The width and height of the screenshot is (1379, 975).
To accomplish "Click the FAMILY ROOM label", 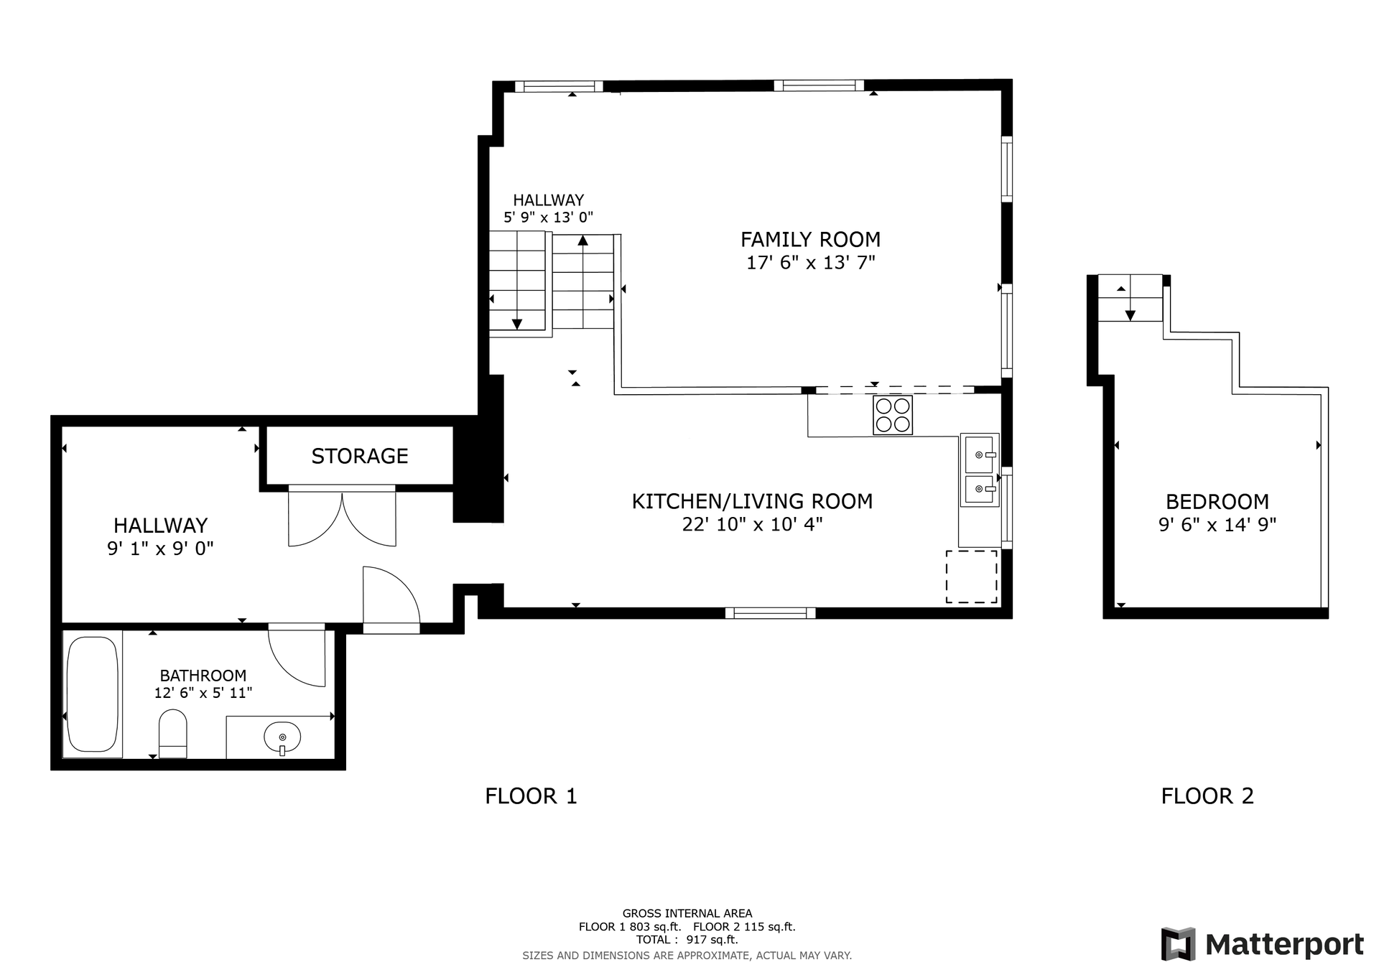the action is [x=810, y=239].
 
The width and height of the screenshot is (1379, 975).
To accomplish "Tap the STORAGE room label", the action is [x=360, y=456].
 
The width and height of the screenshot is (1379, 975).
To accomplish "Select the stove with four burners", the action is [x=893, y=415].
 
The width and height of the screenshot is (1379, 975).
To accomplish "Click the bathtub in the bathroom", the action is [x=92, y=694].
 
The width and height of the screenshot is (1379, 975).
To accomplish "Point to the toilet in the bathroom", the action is [x=172, y=734].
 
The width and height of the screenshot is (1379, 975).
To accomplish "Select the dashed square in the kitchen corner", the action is [x=971, y=577].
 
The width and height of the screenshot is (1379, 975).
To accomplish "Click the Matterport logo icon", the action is [x=1178, y=944].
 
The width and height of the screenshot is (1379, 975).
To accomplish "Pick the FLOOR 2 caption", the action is [x=1207, y=796].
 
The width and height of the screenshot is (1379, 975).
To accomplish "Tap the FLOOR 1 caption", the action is [x=531, y=796].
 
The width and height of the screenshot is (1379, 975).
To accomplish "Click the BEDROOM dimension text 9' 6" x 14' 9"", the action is [x=1217, y=525].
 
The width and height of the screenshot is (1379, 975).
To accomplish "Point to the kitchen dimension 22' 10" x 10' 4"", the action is [x=752, y=524].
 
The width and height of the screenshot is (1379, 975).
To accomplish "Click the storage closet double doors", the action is [x=342, y=517].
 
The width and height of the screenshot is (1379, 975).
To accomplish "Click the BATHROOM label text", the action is [x=203, y=676].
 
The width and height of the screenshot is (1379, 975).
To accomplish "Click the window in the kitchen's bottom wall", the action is [x=770, y=613].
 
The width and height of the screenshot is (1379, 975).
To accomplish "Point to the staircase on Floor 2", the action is [x=1130, y=298].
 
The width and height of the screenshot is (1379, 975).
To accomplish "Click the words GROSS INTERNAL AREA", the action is [x=687, y=914].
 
